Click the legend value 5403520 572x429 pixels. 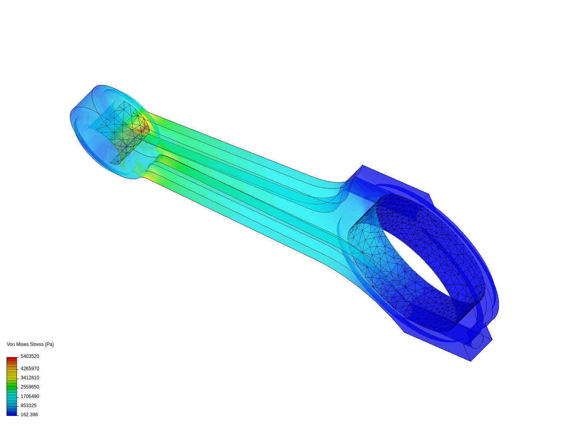pyautogui.click(x=30, y=356)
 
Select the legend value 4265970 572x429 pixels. pyautogui.click(x=30, y=369)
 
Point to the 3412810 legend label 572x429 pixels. pyautogui.click(x=30, y=378)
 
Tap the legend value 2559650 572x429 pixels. pyautogui.click(x=30, y=387)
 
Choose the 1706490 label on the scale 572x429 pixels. pyautogui.click(x=30, y=396)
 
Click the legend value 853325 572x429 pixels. pyautogui.click(x=29, y=406)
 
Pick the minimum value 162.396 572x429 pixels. pyautogui.click(x=29, y=415)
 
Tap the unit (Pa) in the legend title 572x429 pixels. pyautogui.click(x=49, y=344)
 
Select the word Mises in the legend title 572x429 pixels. pyautogui.click(x=22, y=344)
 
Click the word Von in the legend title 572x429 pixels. pyautogui.click(x=11, y=344)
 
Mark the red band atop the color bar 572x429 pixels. pyautogui.click(x=12, y=359)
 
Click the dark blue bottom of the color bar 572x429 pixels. pyautogui.click(x=12, y=414)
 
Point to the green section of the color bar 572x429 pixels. pyautogui.click(x=12, y=385)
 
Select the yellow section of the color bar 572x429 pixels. pyautogui.click(x=12, y=375)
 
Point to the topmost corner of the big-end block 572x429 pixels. pyautogui.click(x=362, y=166)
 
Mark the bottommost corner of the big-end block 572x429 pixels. pyautogui.click(x=471, y=361)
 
